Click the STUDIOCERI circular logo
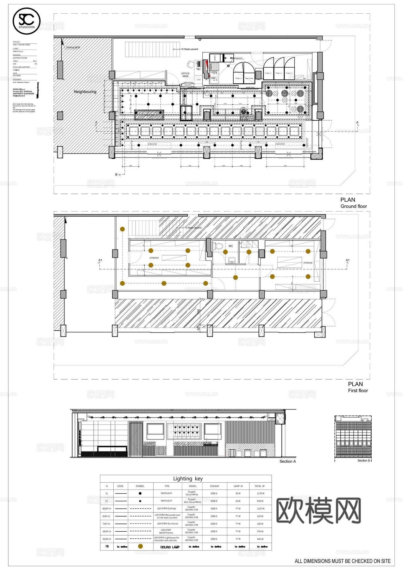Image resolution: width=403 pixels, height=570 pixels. pyautogui.click(x=27, y=21)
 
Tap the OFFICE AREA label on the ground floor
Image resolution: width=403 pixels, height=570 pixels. pyautogui.click(x=186, y=75)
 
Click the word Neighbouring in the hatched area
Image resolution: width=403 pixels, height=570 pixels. pyautogui.click(x=85, y=92)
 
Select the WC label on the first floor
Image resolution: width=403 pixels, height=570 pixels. pyautogui.click(x=231, y=246)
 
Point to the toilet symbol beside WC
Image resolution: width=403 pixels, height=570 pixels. pyautogui.click(x=218, y=246)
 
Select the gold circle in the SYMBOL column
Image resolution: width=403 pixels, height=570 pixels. pyautogui.click(x=141, y=546)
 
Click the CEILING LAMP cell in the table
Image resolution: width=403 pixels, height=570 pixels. pyautogui.click(x=170, y=547)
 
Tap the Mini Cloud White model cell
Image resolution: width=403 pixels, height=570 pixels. pyautogui.click(x=192, y=501)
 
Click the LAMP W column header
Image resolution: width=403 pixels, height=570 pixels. pyautogui.click(x=238, y=486)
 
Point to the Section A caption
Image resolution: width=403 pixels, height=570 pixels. pyautogui.click(x=287, y=461)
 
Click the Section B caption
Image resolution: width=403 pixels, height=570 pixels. pyautogui.click(x=364, y=460)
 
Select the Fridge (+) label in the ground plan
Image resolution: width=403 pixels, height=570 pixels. pyautogui.click(x=238, y=78)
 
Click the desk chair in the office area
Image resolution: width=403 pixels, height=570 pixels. pyautogui.click(x=190, y=64)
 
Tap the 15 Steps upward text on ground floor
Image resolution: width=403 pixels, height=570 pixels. pyautogui.click(x=189, y=49)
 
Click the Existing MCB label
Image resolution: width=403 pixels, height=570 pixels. pyautogui.click(x=73, y=47)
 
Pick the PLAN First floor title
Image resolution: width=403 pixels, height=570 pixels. pyautogui.click(x=357, y=387)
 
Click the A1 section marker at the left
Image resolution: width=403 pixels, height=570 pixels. pyautogui.click(x=100, y=260)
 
